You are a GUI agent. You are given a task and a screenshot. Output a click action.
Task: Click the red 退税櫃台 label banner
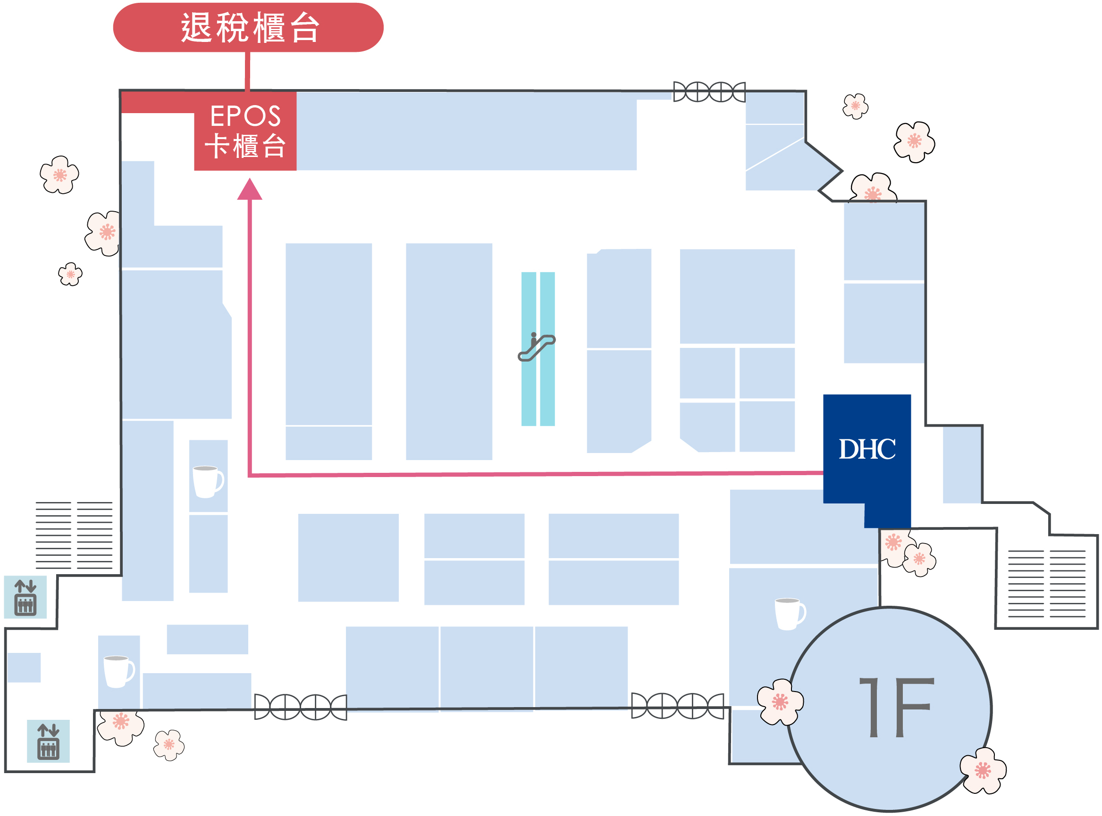[248, 27]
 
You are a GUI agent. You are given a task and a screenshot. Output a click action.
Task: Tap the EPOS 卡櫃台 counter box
[245, 131]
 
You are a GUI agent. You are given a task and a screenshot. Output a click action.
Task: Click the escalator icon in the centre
[537, 347]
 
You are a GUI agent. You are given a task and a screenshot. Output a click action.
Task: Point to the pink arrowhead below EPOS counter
[250, 190]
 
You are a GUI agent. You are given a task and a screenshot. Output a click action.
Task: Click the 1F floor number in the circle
[896, 707]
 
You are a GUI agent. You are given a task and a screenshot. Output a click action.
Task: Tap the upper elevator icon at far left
[25, 597]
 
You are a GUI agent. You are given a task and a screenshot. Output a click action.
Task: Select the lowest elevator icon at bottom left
[48, 742]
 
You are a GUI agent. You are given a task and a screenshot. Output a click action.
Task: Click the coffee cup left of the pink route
[208, 482]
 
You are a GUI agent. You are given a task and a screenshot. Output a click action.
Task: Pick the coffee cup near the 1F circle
[790, 614]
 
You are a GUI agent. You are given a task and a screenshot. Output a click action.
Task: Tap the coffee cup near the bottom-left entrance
[118, 672]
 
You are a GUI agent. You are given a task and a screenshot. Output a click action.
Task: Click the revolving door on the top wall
[709, 92]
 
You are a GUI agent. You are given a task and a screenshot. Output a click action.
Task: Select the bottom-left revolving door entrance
[301, 707]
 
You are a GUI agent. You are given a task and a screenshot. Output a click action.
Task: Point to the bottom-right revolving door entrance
[678, 706]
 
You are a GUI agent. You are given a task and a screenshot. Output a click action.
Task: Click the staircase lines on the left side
[74, 536]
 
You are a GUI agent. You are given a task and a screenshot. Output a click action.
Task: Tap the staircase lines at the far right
[1047, 584]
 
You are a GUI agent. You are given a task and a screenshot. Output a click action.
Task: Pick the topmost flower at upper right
[855, 106]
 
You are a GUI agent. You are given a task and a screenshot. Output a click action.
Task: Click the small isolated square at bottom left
[24, 668]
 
